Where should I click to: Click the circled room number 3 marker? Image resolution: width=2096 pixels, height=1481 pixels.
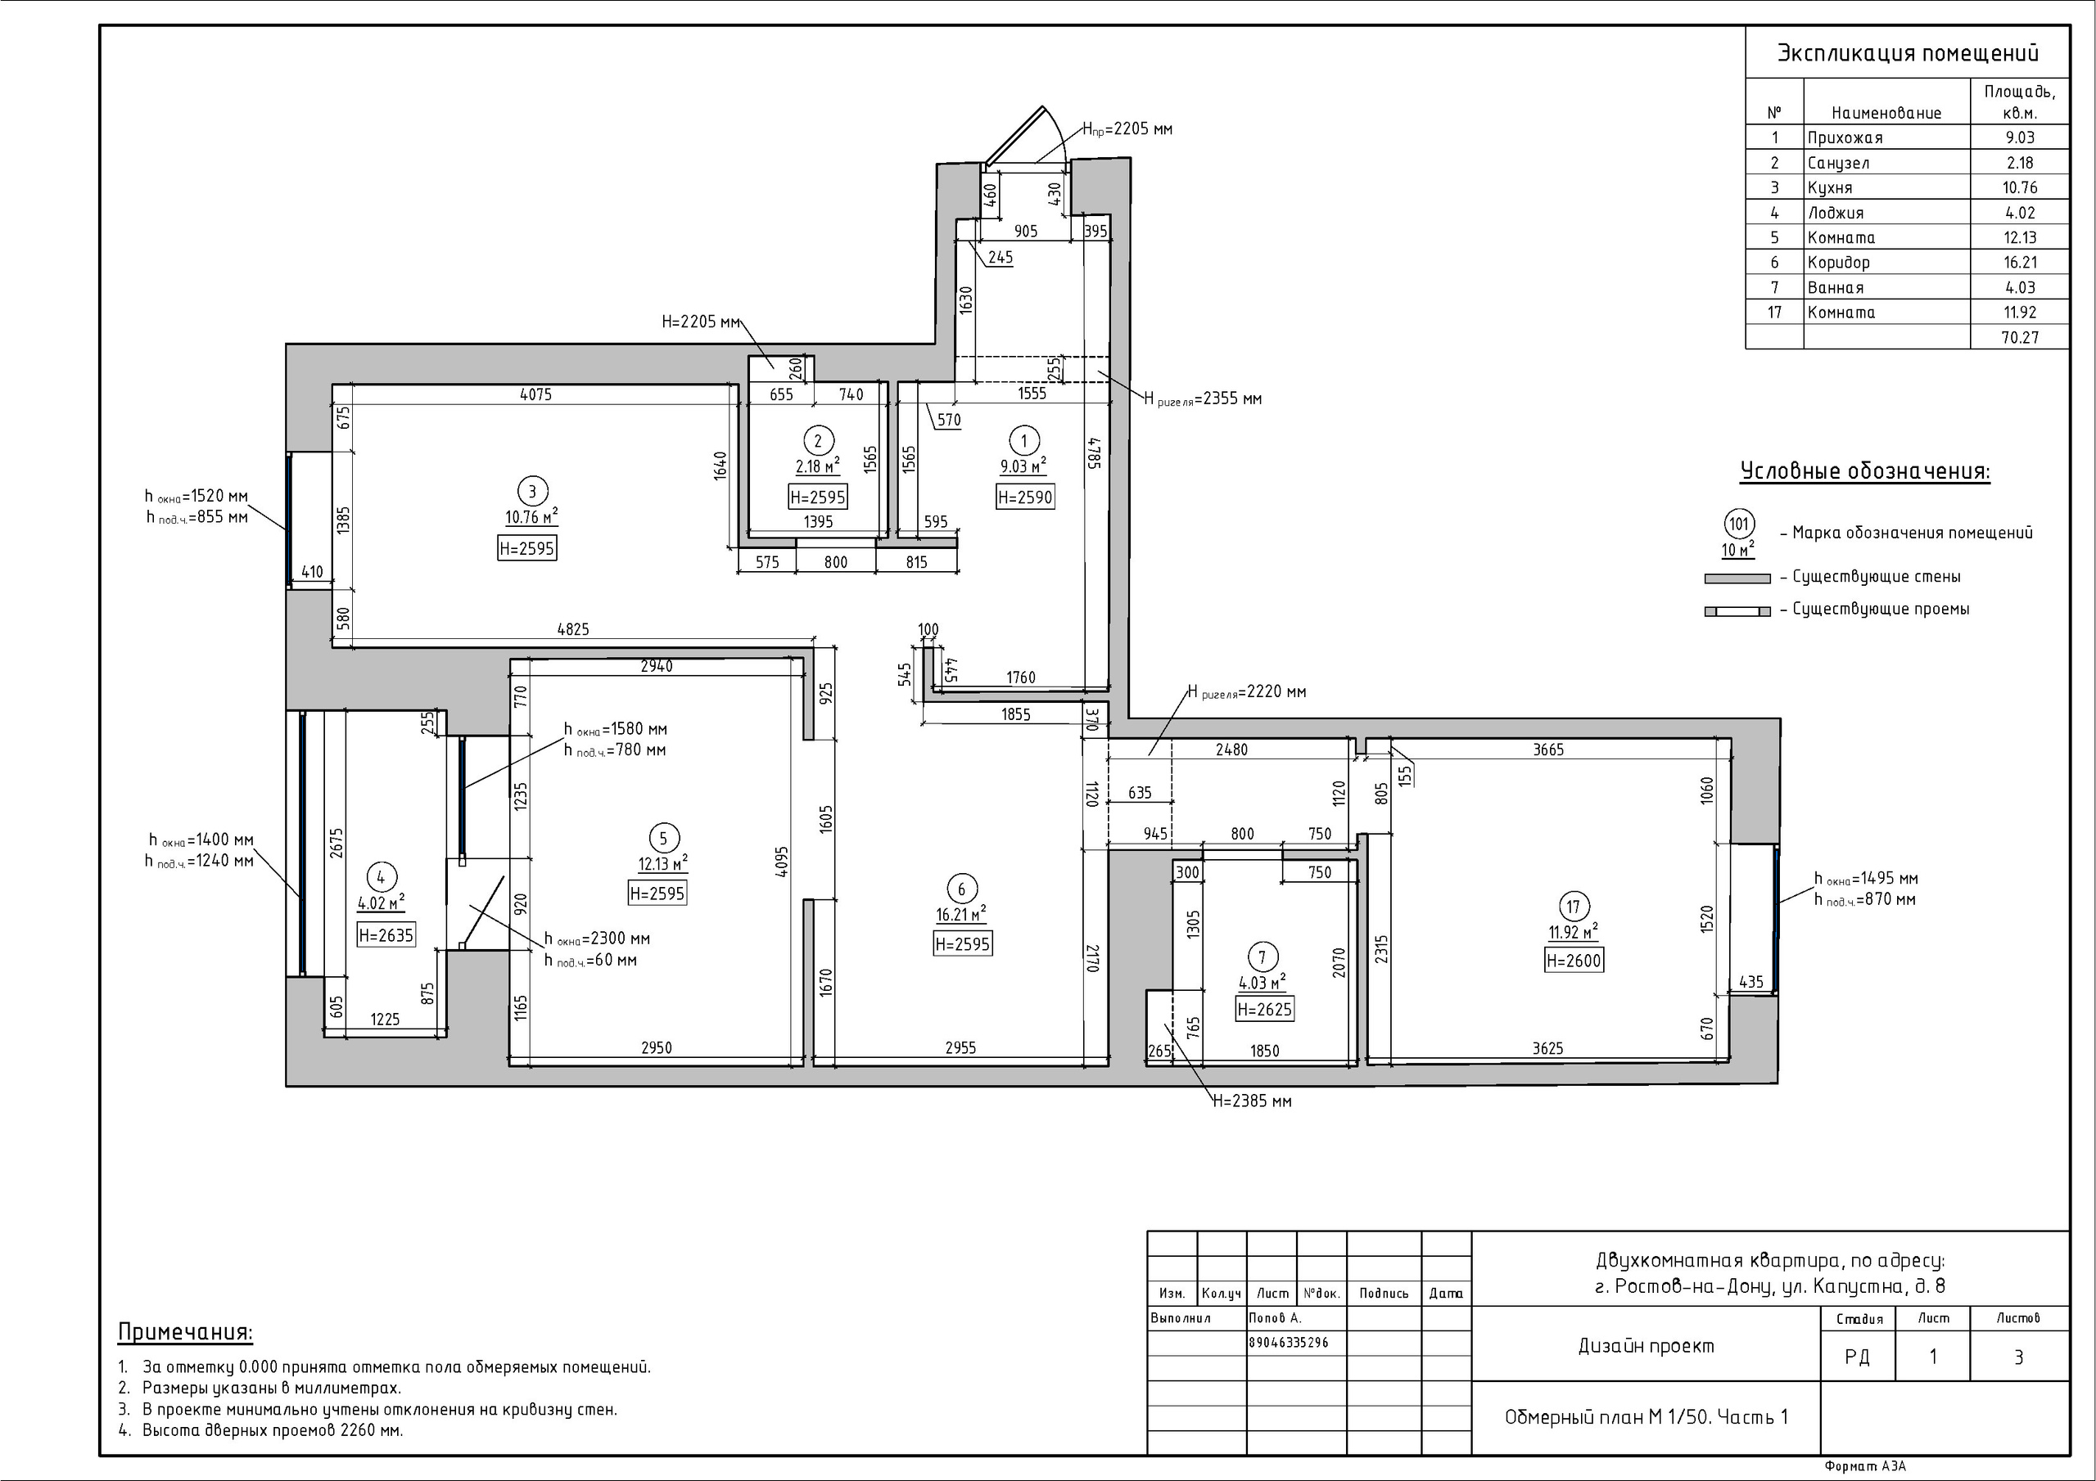tap(532, 491)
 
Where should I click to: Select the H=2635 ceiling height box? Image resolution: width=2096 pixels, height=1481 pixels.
tap(386, 934)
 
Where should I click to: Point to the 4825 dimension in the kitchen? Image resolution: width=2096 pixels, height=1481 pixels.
tap(573, 630)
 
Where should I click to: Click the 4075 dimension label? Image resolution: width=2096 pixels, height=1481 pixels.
tap(535, 394)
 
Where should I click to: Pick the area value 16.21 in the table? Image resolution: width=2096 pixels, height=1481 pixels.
tap(2019, 262)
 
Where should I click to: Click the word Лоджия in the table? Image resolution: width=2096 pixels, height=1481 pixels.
tap(1835, 213)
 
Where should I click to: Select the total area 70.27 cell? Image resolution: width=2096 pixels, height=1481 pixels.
tap(2019, 337)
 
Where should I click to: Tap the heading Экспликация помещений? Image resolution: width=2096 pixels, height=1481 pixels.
tap(1907, 53)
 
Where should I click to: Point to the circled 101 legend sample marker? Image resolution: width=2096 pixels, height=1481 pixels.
tap(1739, 524)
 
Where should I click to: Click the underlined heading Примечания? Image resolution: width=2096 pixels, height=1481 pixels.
tap(185, 1332)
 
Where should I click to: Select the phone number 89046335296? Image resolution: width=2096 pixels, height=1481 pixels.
tap(1288, 1342)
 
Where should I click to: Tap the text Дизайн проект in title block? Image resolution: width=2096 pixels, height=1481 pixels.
tap(1646, 1346)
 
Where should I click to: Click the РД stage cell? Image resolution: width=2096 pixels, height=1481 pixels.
tap(1857, 1357)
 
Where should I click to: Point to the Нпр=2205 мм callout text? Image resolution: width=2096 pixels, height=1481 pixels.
tap(1127, 129)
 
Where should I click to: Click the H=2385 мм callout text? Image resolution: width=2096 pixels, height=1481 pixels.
tap(1253, 1101)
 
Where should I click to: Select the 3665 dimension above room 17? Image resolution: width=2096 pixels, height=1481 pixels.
tap(1548, 750)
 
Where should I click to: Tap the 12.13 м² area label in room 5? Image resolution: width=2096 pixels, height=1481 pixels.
tap(662, 863)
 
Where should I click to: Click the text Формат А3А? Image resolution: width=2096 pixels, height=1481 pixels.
tap(1865, 1466)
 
